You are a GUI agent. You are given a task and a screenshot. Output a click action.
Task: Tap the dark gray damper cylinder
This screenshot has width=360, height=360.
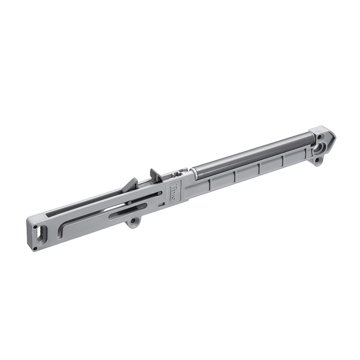pos(252,153)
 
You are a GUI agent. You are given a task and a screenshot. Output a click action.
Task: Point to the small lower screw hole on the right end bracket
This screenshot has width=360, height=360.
pos(317,160)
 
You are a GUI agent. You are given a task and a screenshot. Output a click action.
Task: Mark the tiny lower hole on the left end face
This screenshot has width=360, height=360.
pos(35,247)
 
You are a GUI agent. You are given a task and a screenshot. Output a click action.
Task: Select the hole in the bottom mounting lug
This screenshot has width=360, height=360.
pos(133,221)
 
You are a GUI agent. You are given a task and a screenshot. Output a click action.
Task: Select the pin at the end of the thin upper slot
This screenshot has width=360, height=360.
pos(159,193)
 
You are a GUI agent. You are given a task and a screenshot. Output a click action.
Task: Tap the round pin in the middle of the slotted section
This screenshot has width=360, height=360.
pos(130,203)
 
